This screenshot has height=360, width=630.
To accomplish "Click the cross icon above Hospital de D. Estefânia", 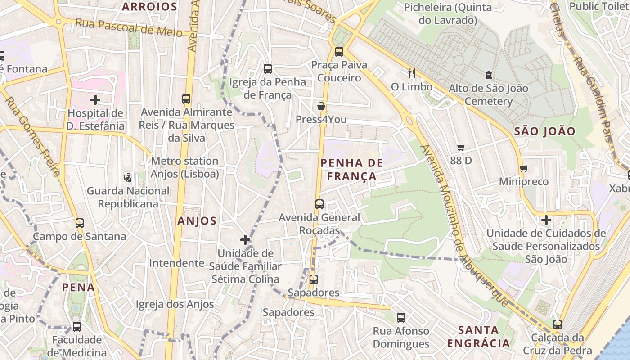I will [x=95, y=99].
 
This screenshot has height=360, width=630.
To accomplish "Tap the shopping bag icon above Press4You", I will [x=321, y=106].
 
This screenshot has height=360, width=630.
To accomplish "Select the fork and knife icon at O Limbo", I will [x=411, y=73].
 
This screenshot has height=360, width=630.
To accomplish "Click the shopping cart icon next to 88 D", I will [x=461, y=147].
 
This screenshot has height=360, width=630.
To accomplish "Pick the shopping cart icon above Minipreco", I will [x=523, y=169].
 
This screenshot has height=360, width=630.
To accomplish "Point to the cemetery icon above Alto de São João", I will [x=489, y=75].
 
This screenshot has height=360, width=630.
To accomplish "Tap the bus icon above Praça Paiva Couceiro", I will [x=339, y=52].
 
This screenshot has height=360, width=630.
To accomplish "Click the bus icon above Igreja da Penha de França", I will [x=268, y=68].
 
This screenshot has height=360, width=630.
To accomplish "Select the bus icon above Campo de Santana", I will [x=80, y=223].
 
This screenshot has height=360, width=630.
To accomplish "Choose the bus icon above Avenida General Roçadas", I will [x=319, y=204].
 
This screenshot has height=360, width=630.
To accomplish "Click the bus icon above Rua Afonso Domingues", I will [x=401, y=317].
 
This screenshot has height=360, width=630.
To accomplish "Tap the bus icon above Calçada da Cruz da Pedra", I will [x=558, y=324].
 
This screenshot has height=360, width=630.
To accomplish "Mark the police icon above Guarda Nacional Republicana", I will [x=128, y=177].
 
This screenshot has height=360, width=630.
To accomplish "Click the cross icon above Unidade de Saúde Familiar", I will [x=245, y=240].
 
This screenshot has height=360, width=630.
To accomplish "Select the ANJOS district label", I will [x=197, y=221].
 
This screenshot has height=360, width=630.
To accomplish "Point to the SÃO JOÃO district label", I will [x=544, y=131].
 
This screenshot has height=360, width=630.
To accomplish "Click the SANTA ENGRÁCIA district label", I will [x=479, y=337].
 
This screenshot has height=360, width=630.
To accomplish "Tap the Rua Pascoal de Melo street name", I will [x=129, y=27].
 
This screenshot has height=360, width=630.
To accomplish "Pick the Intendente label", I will [x=176, y=263].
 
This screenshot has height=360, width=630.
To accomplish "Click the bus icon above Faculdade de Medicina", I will [x=77, y=326].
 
